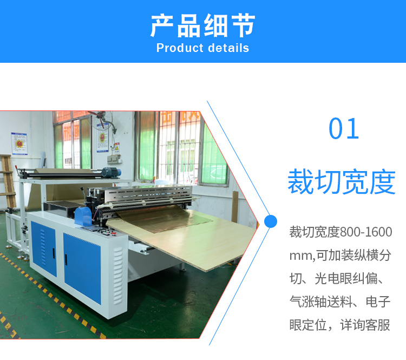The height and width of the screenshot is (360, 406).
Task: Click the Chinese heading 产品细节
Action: click(x=203, y=25)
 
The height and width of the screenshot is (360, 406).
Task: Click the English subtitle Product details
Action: click(x=203, y=48)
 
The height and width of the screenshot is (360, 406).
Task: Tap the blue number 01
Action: click(x=344, y=129)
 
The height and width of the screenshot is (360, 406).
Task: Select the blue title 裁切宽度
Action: click(x=342, y=181)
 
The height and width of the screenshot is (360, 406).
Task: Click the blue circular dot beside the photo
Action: click(x=271, y=221)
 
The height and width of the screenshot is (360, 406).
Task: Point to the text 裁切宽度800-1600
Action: click(x=340, y=232)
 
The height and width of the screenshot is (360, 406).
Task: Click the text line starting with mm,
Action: click(x=340, y=255)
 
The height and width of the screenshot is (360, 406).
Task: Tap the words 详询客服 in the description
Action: click(x=365, y=325)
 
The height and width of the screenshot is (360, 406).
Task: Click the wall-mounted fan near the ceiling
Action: click(x=102, y=120)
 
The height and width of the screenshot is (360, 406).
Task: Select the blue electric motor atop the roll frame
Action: click(x=111, y=172)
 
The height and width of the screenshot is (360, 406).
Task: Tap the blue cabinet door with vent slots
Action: click(x=43, y=248)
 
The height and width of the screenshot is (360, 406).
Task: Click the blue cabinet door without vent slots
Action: click(x=82, y=268)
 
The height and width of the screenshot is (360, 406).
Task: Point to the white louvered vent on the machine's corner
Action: click(x=118, y=276)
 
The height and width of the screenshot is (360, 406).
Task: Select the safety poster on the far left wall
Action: click(x=19, y=143)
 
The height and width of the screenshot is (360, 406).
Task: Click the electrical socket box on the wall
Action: click(x=114, y=159)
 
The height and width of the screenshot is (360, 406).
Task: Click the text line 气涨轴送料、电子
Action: click(x=340, y=302)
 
